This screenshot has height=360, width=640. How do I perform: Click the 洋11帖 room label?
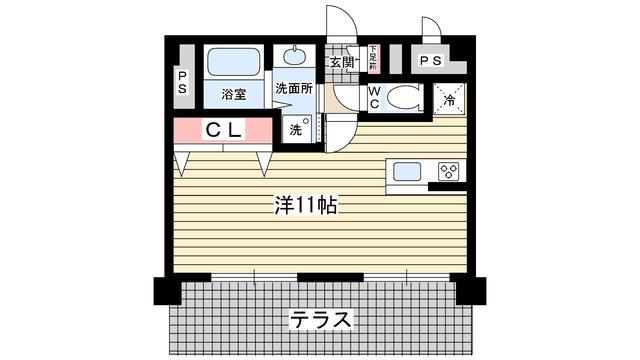coord(306,207)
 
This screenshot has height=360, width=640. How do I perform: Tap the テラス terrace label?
coord(321,320)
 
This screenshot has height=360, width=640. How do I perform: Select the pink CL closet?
coord(223,130)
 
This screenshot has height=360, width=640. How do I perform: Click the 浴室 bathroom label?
coord(234,96)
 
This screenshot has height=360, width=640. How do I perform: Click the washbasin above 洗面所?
coord(297,58)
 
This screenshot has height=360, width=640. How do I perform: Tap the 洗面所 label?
coord(296,88)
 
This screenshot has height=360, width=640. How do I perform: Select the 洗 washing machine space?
coord(298,129)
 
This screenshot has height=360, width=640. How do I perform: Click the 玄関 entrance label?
coord(341,63)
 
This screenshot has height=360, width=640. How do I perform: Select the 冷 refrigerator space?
coord(449,98)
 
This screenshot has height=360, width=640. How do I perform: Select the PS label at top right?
coord(431,61)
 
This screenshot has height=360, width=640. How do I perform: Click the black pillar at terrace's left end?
coord(167,292)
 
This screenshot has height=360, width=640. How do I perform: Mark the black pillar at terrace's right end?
coord(471,292)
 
